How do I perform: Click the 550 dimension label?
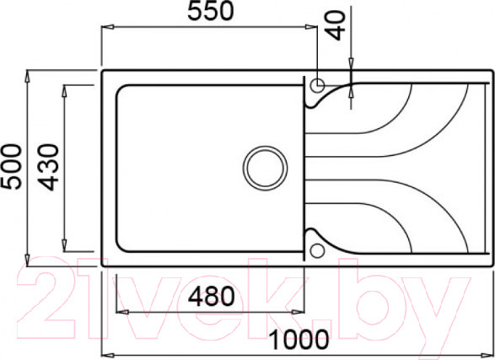[211, 11]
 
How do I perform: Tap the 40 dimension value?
[336, 25]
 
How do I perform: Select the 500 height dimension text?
[11, 167]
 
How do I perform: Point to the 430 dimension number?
[49, 167]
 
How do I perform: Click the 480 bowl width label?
[212, 296]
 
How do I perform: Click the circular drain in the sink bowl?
[265, 168]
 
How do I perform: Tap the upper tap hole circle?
[317, 85]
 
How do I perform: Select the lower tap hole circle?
[317, 251]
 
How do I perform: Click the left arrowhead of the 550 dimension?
[107, 28]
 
